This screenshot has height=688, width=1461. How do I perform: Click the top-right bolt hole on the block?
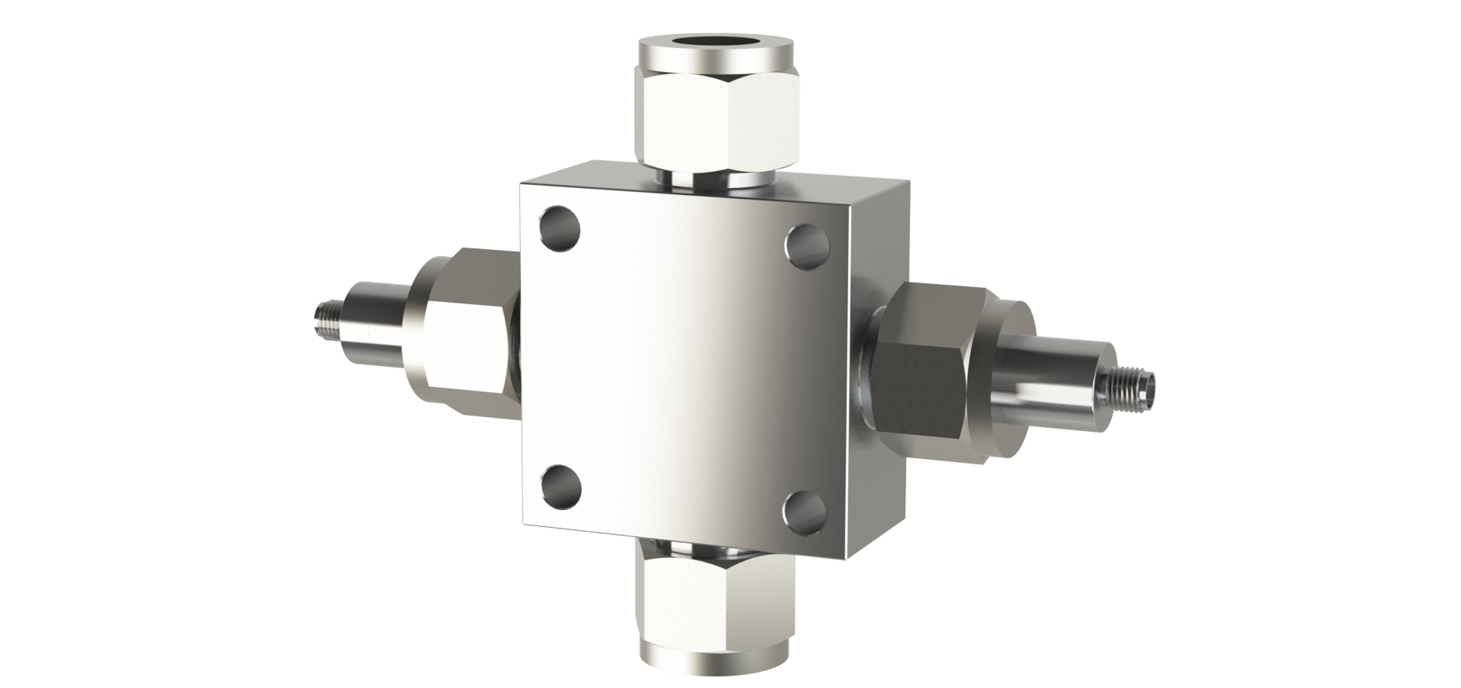[807, 245]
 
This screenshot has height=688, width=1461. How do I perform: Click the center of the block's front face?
[685, 364]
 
